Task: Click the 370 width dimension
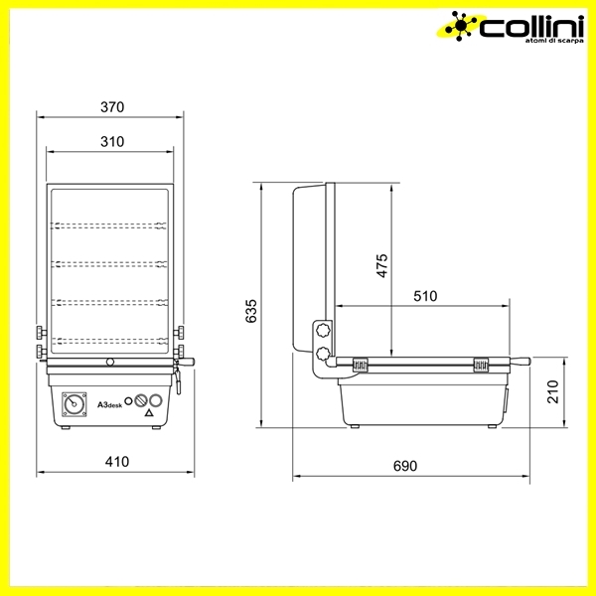(112, 107)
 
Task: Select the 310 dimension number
(112, 142)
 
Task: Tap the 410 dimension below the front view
(117, 462)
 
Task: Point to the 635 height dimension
(251, 311)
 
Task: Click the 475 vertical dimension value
(382, 265)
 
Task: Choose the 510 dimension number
(425, 296)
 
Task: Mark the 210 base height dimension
(553, 391)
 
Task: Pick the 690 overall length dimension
(405, 466)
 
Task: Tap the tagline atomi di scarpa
(554, 41)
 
